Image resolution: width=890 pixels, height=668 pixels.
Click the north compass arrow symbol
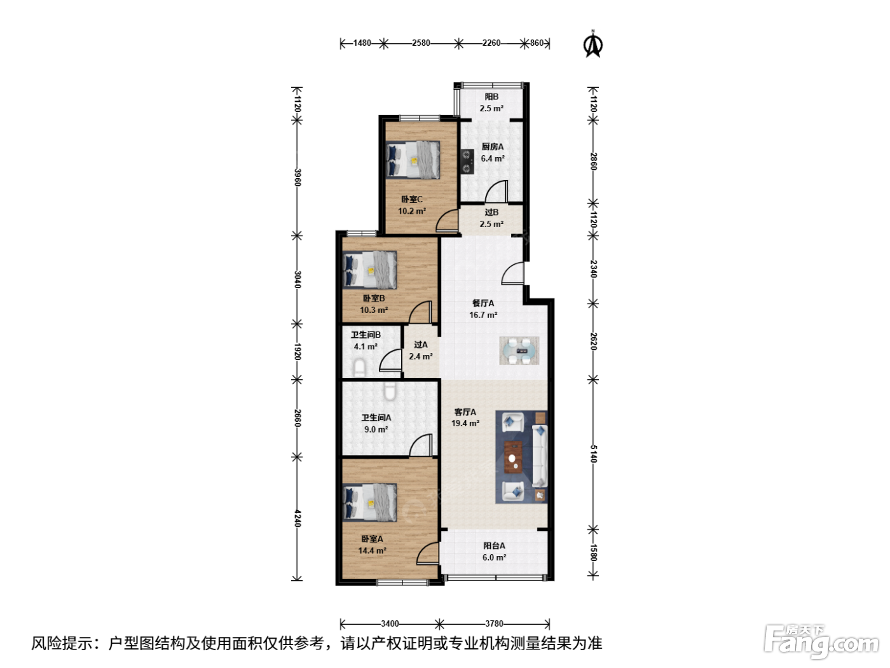click(592, 44)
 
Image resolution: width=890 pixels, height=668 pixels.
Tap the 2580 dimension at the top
click(421, 43)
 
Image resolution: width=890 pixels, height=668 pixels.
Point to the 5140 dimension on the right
click(593, 454)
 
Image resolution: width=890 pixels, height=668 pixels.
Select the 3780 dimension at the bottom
click(494, 623)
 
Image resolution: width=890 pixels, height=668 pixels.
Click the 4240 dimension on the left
click(298, 518)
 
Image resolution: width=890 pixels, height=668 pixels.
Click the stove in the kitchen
click(467, 162)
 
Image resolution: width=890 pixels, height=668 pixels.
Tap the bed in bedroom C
click(413, 160)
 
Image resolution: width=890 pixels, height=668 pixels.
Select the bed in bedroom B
click(370, 270)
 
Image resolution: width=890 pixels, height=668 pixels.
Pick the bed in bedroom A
click(370, 502)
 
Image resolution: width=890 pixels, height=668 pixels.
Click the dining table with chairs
click(519, 351)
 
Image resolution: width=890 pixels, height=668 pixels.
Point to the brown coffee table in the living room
click(513, 457)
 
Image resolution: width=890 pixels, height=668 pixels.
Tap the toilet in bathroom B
click(359, 368)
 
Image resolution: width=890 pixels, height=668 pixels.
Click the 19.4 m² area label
click(465, 423)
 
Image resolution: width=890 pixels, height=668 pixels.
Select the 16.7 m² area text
click(483, 315)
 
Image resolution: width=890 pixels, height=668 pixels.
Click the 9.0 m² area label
click(376, 429)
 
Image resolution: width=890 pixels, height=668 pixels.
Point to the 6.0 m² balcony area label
click(494, 557)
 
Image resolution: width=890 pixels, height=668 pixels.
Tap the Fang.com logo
click(821, 642)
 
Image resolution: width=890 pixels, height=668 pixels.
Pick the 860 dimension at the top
click(537, 43)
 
